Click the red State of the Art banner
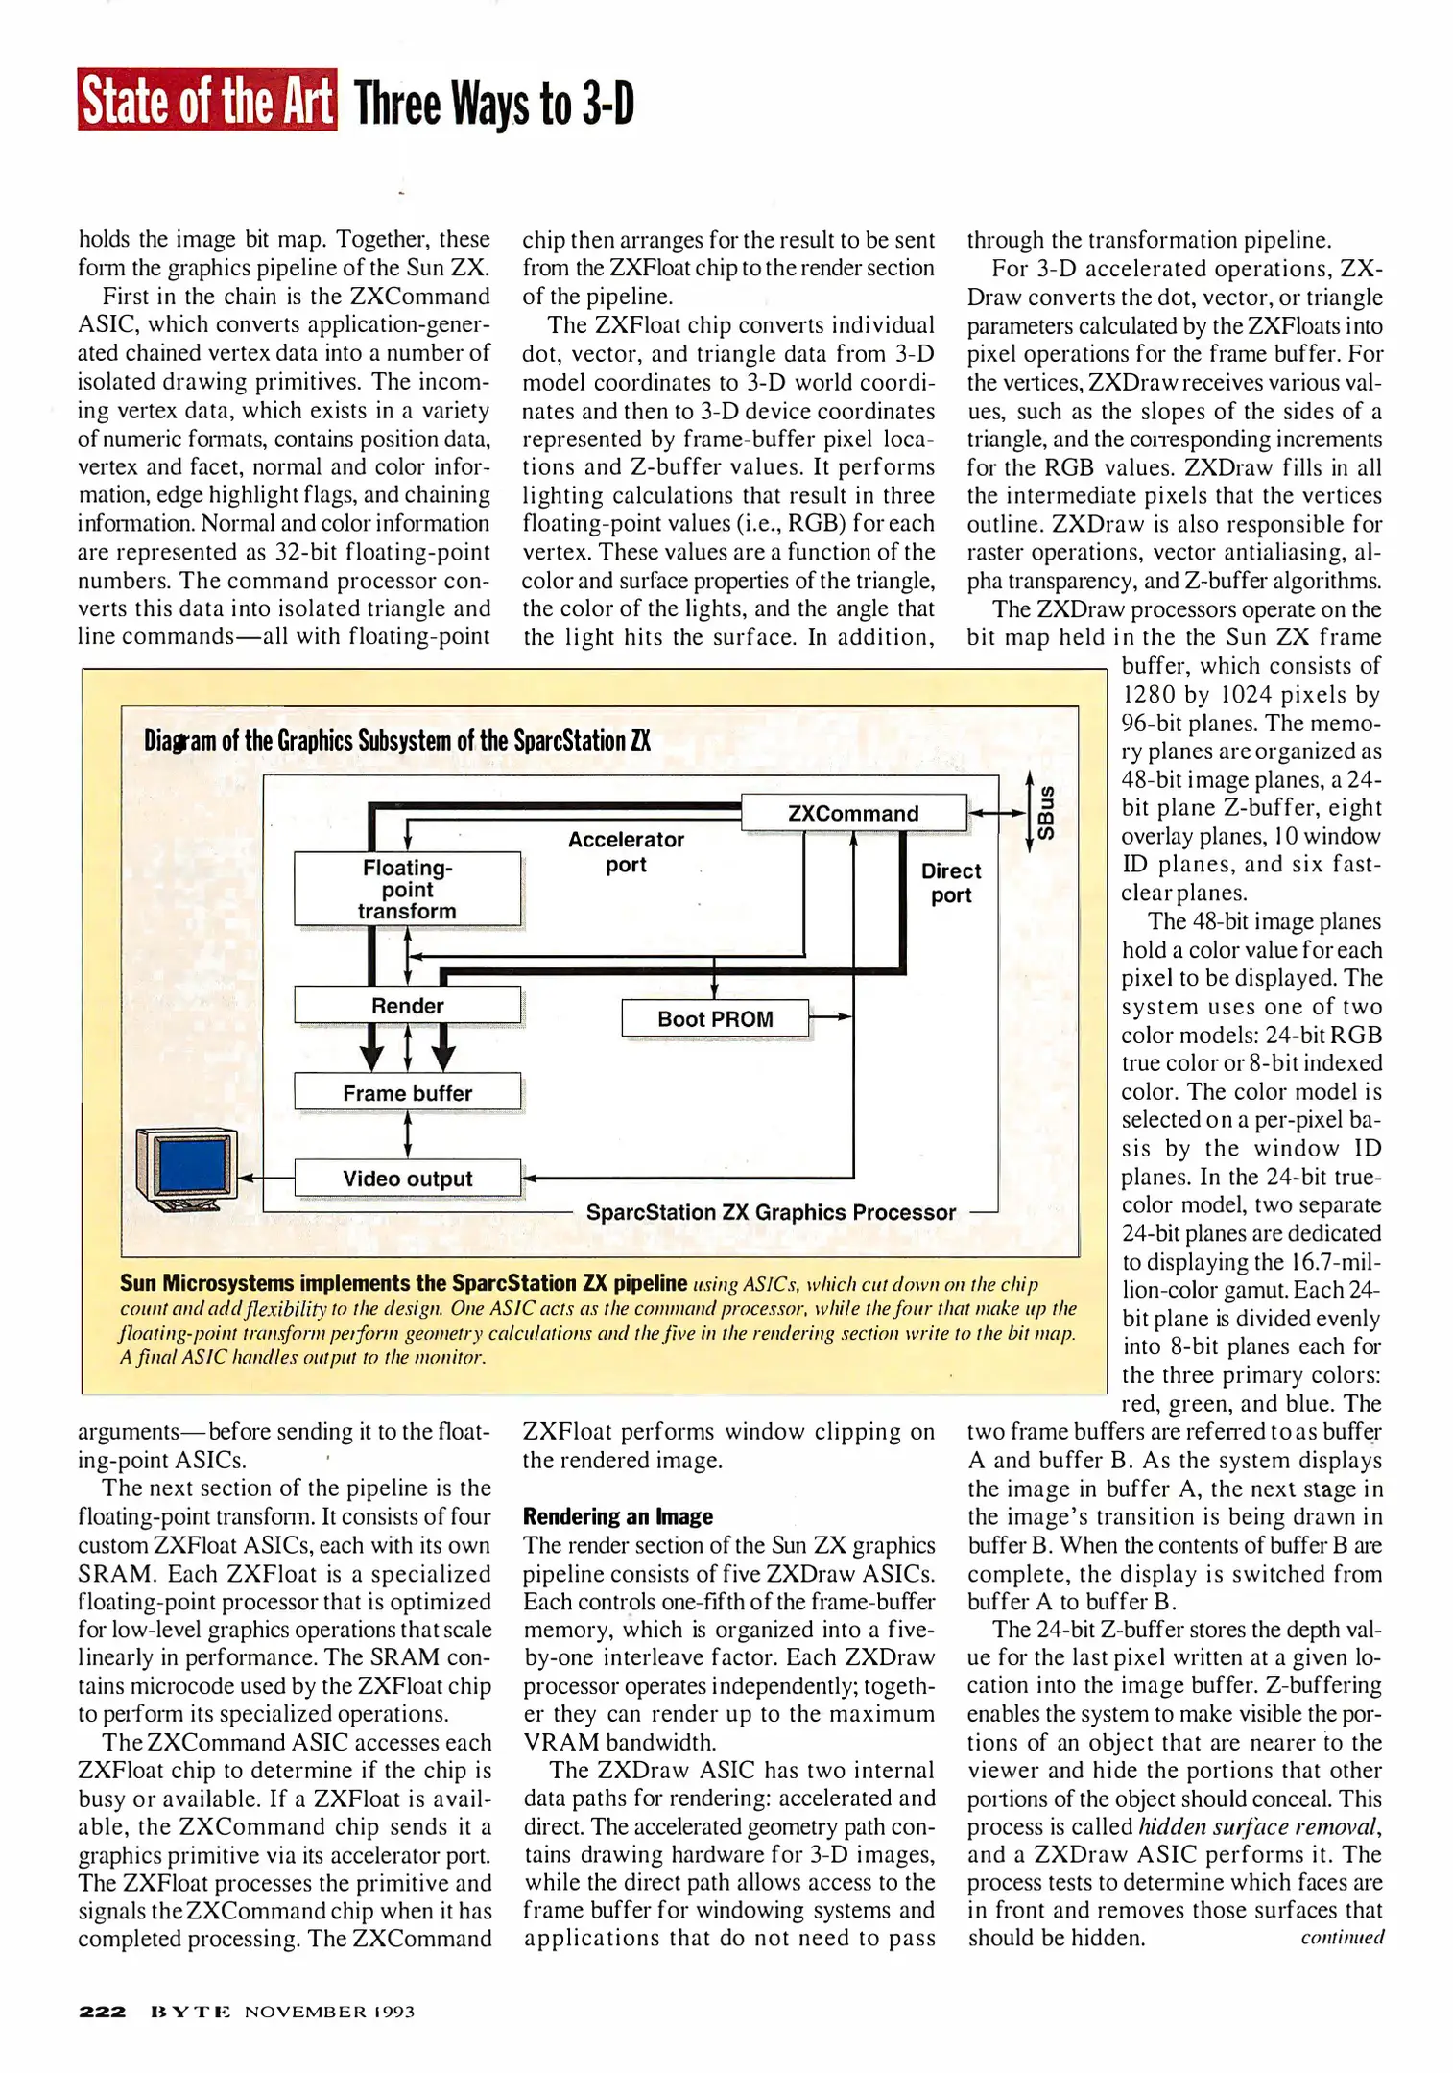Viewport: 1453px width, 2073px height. click(x=206, y=100)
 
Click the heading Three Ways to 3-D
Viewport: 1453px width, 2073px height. click(x=493, y=104)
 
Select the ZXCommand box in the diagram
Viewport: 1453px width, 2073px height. click(x=853, y=813)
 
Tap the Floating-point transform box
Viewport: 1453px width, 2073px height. click(x=407, y=889)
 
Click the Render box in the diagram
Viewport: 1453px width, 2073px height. click(x=407, y=1005)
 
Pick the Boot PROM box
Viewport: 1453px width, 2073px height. click(x=715, y=1018)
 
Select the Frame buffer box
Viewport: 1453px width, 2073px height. click(x=407, y=1092)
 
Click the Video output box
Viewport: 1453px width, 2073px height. click(x=407, y=1178)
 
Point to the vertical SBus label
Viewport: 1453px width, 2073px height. click(x=1046, y=813)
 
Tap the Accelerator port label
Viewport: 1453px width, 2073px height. click(x=626, y=851)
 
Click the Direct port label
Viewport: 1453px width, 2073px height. click(x=950, y=882)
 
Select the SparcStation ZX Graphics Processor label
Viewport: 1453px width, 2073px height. click(x=771, y=1212)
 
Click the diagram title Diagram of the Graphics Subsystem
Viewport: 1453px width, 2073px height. click(x=397, y=741)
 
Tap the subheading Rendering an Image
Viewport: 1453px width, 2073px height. click(x=617, y=1516)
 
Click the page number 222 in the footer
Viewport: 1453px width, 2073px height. click(x=102, y=2011)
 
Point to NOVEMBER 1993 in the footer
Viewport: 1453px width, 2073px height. click(x=329, y=2011)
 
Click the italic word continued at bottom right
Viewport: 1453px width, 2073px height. click(x=1342, y=1937)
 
